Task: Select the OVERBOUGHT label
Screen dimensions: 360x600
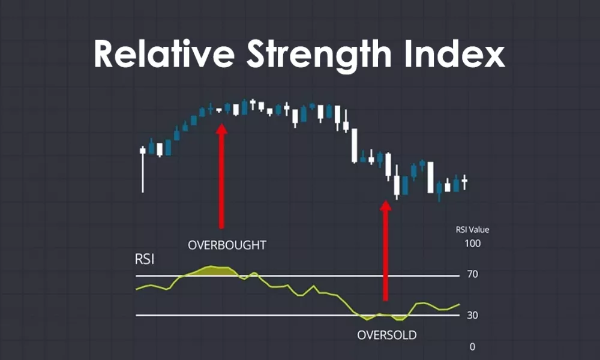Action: click(226, 245)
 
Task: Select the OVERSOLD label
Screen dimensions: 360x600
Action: click(386, 335)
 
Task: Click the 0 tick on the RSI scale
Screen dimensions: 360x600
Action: click(473, 347)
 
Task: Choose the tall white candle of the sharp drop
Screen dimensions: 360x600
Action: click(355, 145)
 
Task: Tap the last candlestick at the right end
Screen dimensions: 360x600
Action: click(464, 183)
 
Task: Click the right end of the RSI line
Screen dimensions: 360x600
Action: click(459, 305)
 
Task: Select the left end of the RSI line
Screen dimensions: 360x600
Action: click(137, 290)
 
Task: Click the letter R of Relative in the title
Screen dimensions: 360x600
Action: click(105, 55)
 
